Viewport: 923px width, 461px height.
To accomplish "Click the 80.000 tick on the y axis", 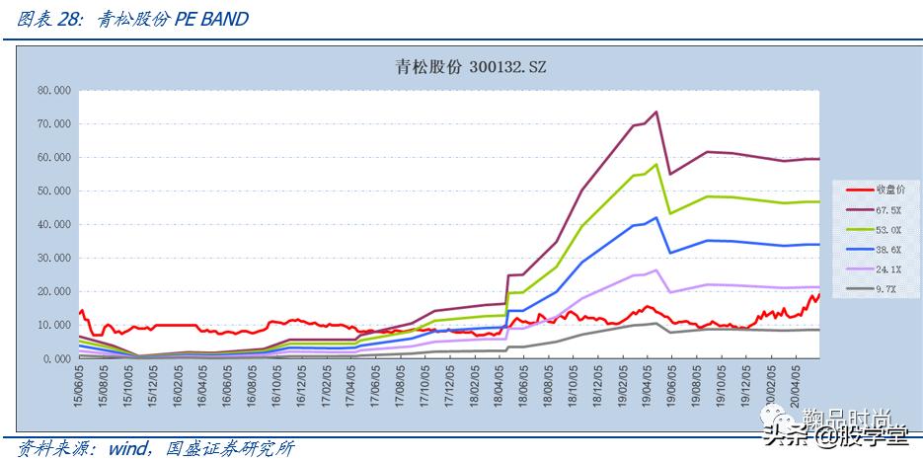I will [52, 90].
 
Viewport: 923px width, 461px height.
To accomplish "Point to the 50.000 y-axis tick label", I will [52, 191].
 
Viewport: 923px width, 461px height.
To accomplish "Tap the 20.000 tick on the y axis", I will [52, 291].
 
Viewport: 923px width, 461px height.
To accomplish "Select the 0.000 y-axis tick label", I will [55, 358].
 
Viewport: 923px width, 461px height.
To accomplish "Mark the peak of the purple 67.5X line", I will [656, 112].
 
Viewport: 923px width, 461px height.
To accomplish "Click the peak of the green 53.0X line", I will [656, 164].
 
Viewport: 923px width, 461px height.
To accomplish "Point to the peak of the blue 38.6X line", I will [656, 217].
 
